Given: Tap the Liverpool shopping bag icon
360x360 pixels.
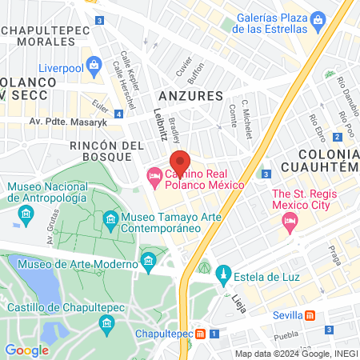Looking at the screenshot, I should (x=94, y=63).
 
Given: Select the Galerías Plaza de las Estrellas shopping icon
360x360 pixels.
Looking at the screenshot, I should (x=318, y=18).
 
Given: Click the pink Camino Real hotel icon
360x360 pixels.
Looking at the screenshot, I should (x=153, y=174).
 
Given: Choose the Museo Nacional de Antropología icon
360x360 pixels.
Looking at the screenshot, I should (x=26, y=214).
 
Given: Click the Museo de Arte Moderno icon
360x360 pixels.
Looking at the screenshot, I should (x=147, y=261).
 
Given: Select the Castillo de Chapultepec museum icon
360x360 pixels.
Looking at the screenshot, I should (x=107, y=322).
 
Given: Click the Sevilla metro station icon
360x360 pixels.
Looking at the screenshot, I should (x=319, y=315).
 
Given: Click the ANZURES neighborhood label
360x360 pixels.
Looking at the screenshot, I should (x=196, y=94).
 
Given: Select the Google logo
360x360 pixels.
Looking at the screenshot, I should (x=26, y=350).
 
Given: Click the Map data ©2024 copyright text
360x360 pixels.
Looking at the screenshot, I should (x=295, y=354).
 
